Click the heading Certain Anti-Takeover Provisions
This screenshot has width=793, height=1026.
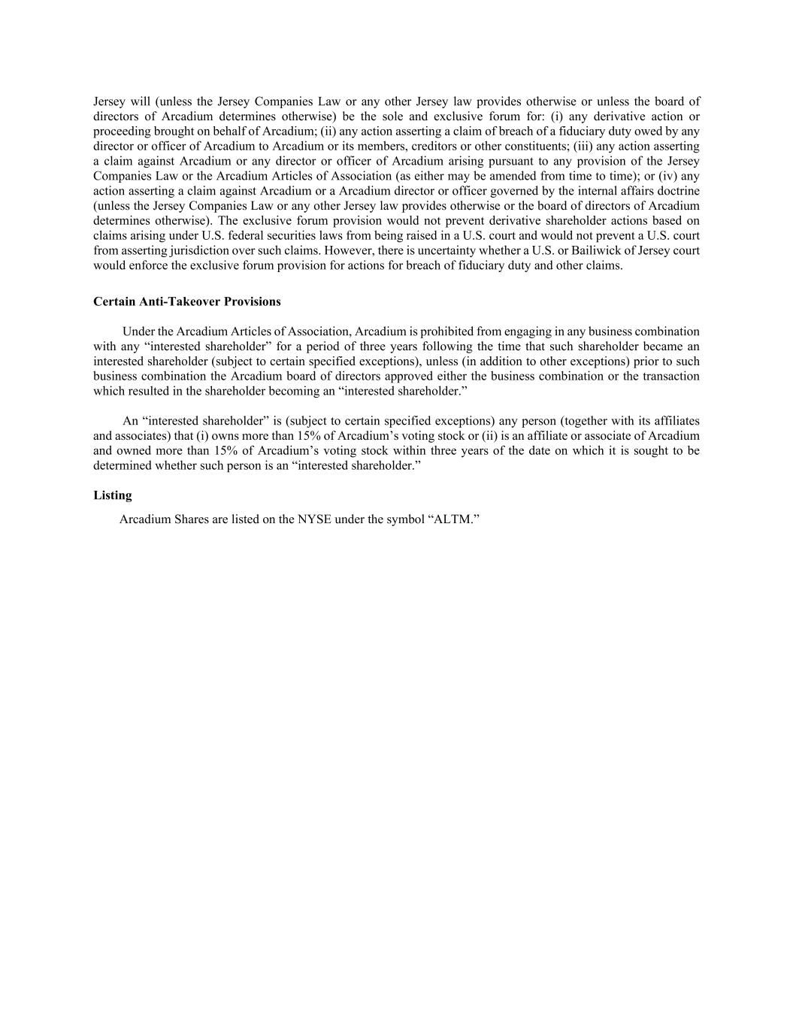point(186,301)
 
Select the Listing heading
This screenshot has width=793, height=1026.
point(113,495)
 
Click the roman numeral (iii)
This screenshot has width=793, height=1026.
point(583,146)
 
